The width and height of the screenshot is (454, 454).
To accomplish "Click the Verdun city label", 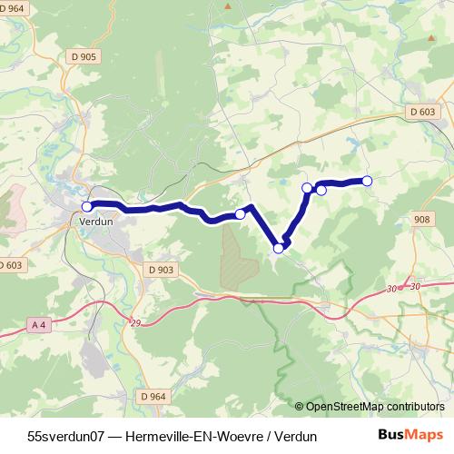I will click(94, 221).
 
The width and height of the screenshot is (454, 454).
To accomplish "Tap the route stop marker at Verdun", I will click(87, 207).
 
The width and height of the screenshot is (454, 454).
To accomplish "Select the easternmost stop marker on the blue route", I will click(368, 181).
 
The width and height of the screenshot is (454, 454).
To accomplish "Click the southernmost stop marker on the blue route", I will click(279, 247).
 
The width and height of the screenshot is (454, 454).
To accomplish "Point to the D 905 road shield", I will click(82, 56).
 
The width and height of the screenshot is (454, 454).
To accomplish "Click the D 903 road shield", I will click(159, 270).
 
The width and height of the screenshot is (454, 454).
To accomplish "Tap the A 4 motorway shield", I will click(38, 324).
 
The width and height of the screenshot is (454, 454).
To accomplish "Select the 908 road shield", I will click(420, 220).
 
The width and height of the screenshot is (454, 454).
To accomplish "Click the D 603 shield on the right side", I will click(420, 112).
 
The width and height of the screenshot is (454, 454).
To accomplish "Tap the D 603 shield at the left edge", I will click(9, 264).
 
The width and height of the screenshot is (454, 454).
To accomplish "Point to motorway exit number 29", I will click(136, 323).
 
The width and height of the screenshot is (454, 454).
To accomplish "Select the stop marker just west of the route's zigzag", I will click(241, 214).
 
